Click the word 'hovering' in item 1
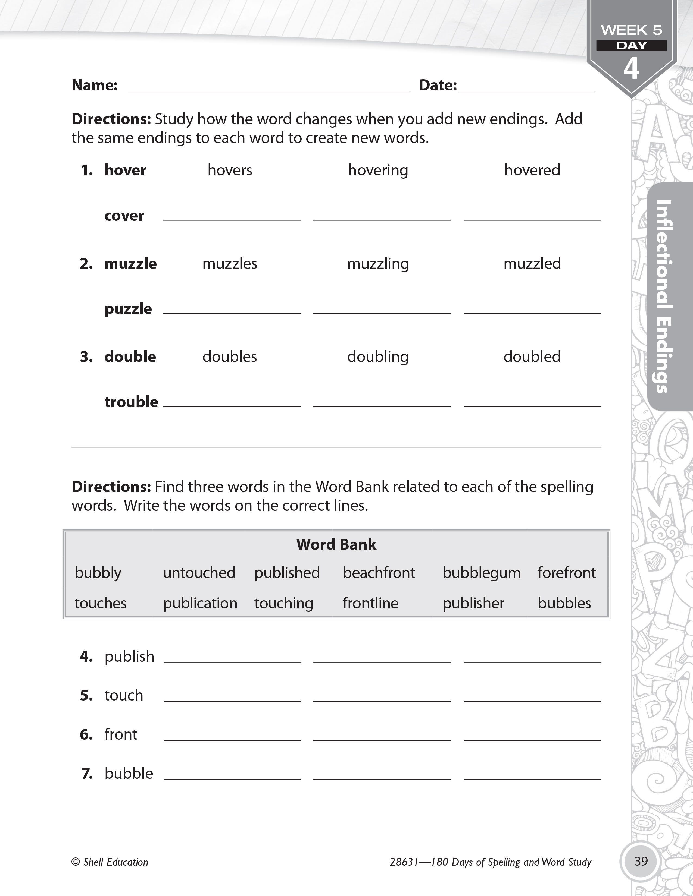[378, 170]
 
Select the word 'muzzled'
[532, 263]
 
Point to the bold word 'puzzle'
[128, 308]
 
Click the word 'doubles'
[229, 356]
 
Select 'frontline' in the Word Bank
[370, 603]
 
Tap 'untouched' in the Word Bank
[199, 573]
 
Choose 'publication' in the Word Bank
[200, 603]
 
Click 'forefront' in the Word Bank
[567, 573]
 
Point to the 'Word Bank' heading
[336, 544]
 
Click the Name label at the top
[94, 85]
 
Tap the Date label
[438, 85]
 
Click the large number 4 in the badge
[631, 68]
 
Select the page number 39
[641, 861]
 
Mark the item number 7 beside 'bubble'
[87, 773]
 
